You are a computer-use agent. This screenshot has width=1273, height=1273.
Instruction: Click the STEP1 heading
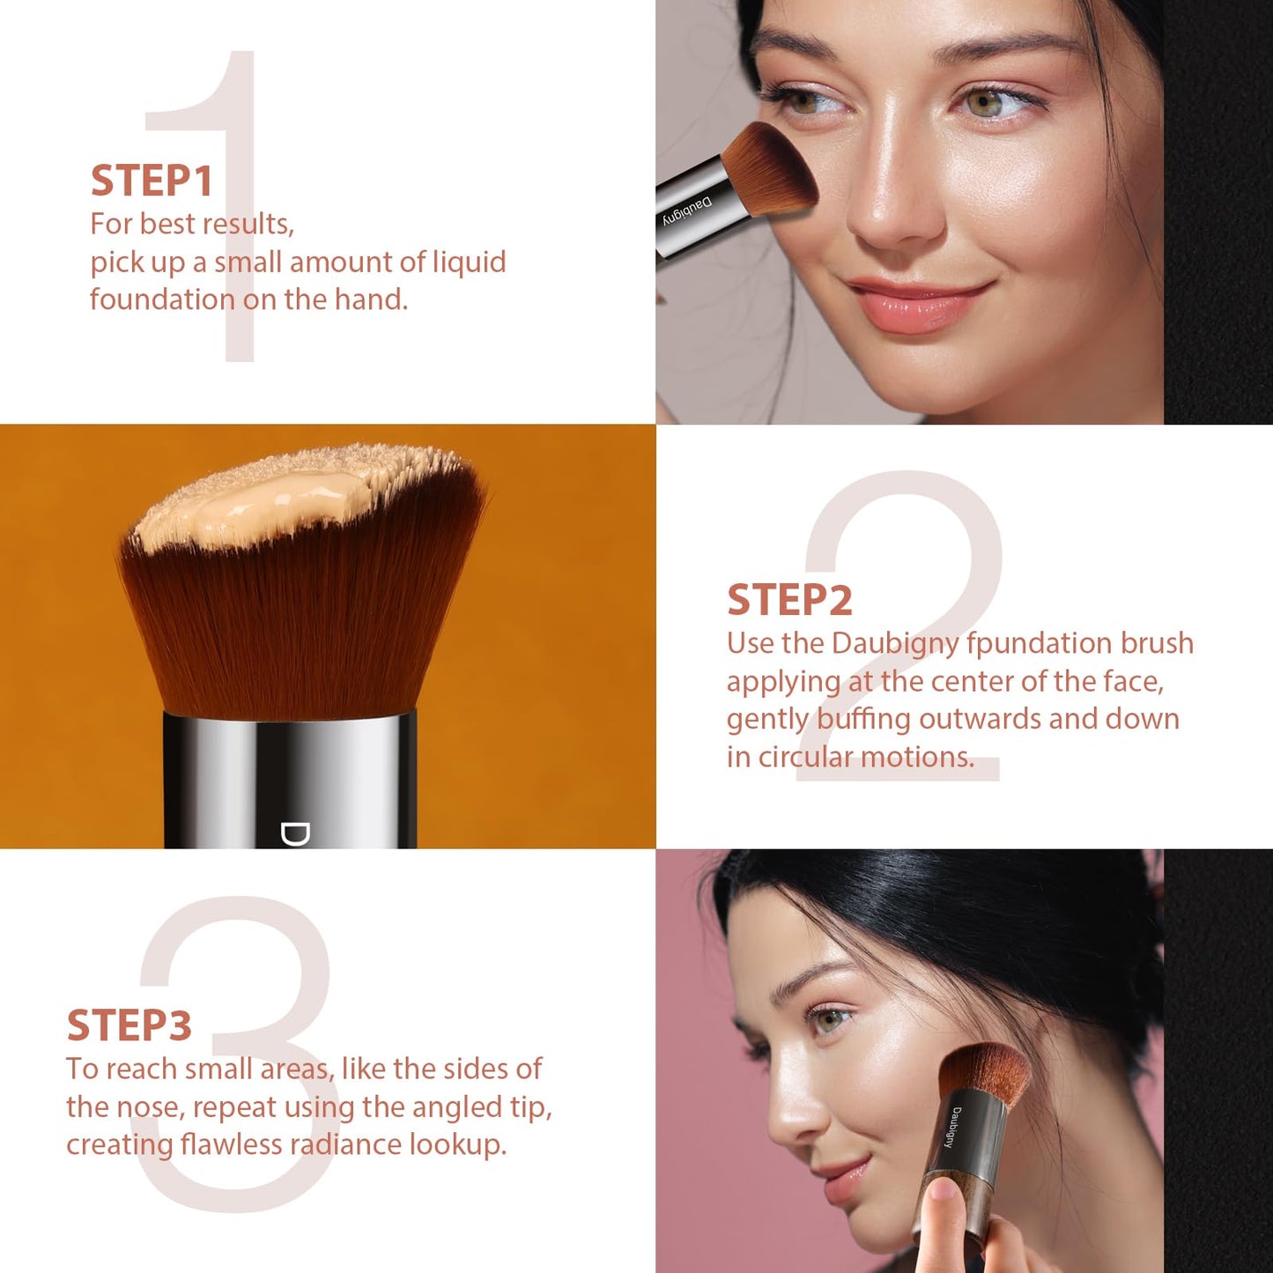pyautogui.click(x=152, y=181)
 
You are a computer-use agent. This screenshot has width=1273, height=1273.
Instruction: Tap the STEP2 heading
pyautogui.click(x=789, y=600)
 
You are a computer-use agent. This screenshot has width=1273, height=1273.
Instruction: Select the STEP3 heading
pyautogui.click(x=130, y=1025)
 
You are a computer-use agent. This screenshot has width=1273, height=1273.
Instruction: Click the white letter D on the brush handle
pyautogui.click(x=295, y=833)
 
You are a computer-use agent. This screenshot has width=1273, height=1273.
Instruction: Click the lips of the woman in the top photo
pyautogui.click(x=916, y=304)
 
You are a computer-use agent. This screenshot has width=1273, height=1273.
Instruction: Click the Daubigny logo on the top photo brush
pyautogui.click(x=687, y=212)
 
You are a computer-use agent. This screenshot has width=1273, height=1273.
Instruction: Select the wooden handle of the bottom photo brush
pyautogui.click(x=947, y=1207)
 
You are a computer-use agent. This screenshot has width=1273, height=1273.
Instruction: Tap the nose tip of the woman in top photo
pyautogui.click(x=890, y=225)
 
